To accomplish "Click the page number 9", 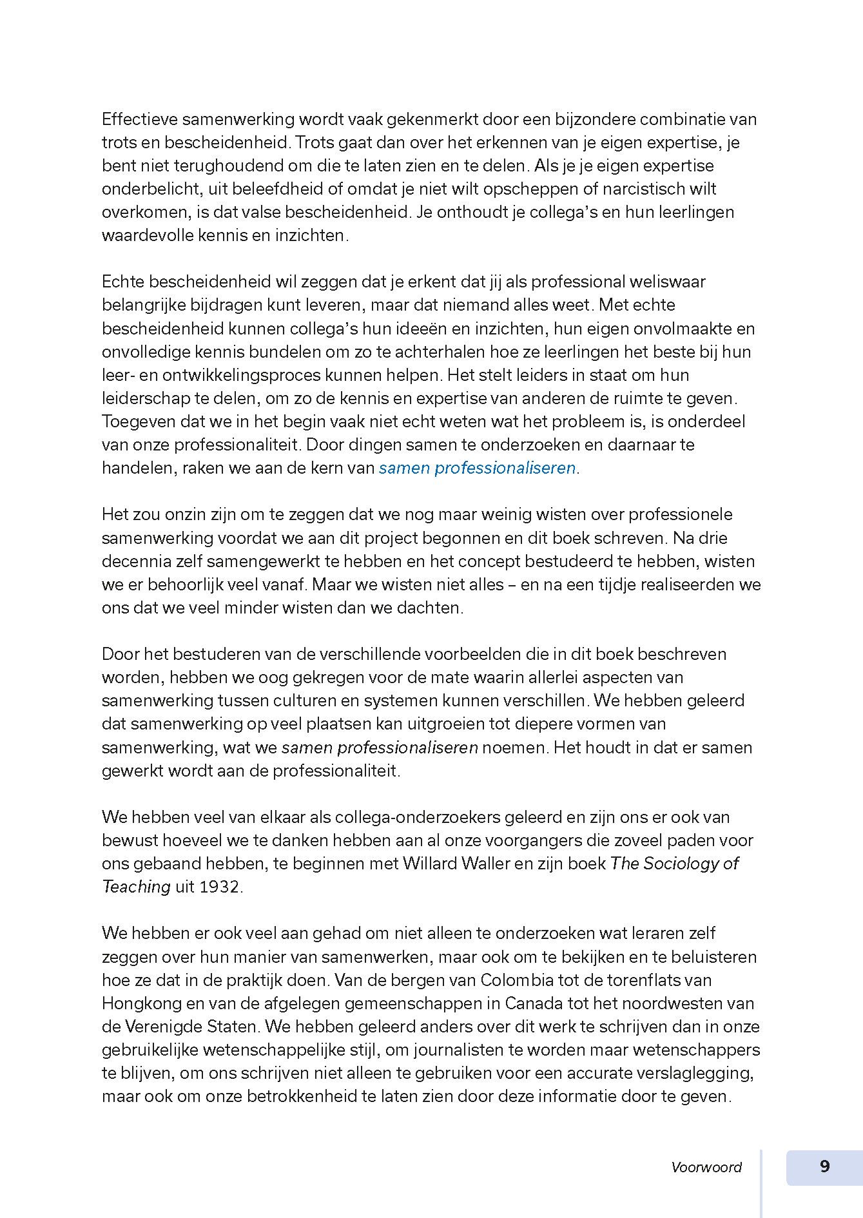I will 824,1166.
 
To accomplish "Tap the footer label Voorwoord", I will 706,1167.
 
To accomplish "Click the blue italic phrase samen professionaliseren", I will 477,468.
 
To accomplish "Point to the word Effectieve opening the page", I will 139,119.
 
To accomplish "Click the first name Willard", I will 430,864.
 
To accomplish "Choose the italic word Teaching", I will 136,887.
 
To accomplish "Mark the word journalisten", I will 458,1050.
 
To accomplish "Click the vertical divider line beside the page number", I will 761,1183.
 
